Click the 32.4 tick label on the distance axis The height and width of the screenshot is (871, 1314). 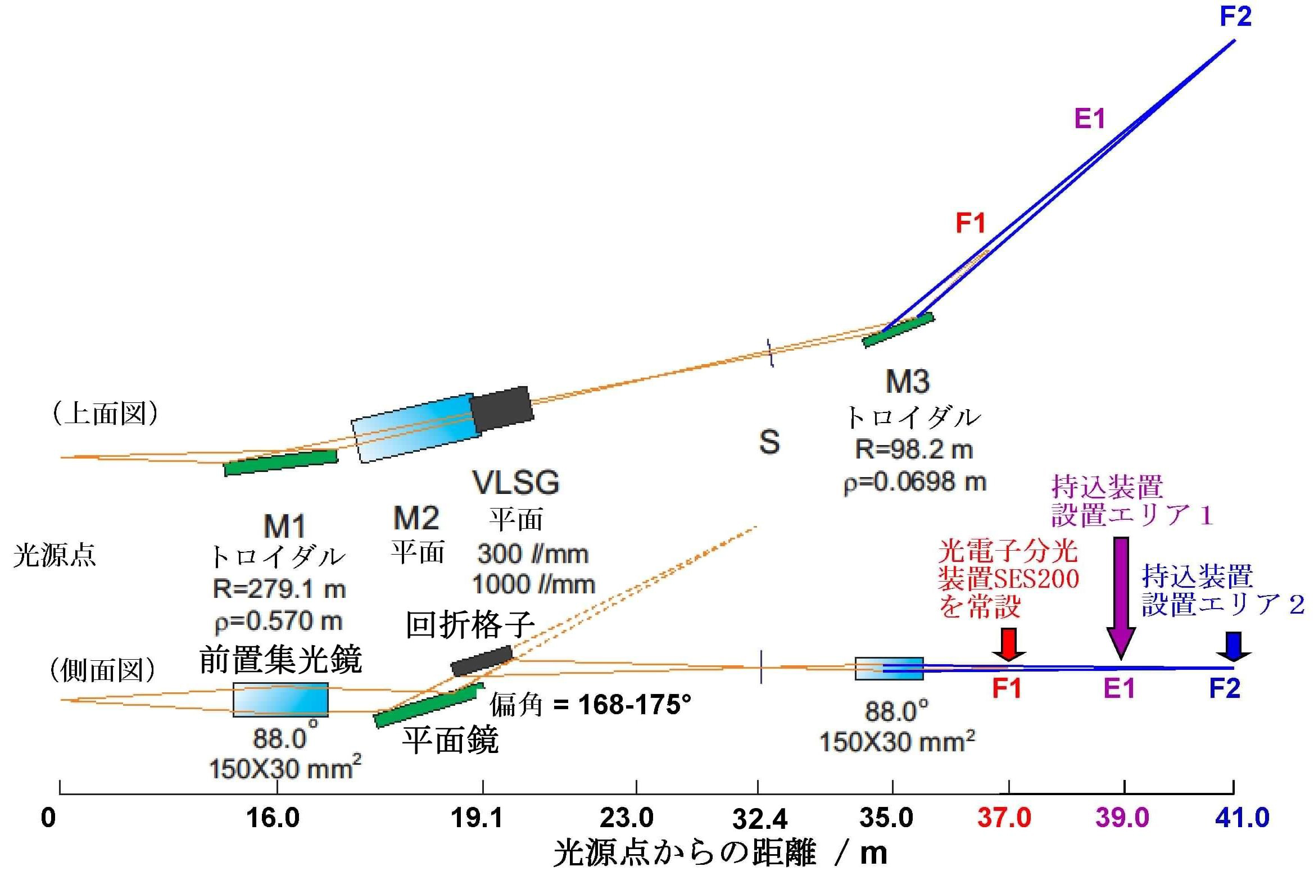(760, 819)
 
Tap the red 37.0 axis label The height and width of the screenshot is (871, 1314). (1004, 817)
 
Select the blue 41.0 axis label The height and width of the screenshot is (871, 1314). (1242, 817)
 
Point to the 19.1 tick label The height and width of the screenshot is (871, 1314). (477, 818)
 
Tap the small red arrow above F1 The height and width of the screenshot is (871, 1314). (1009, 645)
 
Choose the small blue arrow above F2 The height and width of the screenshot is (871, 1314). (1234, 647)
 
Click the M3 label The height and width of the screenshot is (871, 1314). (907, 382)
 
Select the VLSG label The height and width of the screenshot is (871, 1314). (516, 482)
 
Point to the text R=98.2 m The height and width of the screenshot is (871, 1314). (914, 450)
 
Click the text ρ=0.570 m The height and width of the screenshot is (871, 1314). (279, 621)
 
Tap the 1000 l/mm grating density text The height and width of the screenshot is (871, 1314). (533, 584)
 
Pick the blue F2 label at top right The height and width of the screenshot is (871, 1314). (1235, 16)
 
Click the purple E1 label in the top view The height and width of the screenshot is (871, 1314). (1090, 119)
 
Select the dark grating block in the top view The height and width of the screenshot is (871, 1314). (501, 409)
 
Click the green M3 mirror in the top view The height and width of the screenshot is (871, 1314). (898, 330)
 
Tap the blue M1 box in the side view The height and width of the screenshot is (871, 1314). (280, 700)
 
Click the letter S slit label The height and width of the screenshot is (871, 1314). (769, 442)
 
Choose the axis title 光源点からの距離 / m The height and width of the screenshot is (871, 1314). (720, 853)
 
